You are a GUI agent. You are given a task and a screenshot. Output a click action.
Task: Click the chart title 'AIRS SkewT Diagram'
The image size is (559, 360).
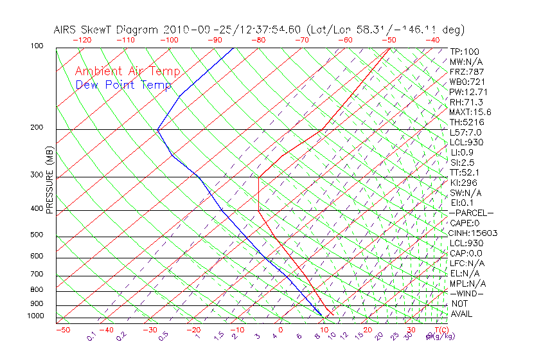(x=107, y=30)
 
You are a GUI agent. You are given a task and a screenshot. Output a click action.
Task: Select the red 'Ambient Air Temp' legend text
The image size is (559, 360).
(x=128, y=72)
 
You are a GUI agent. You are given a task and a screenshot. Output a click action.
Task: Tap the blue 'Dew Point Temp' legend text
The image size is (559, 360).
(x=123, y=85)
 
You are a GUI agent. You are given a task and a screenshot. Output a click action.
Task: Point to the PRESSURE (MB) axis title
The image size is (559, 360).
(x=49, y=181)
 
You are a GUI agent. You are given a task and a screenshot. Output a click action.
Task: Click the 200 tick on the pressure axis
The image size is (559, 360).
(x=36, y=127)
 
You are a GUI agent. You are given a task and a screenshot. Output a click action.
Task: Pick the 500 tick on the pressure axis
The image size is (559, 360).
(x=36, y=235)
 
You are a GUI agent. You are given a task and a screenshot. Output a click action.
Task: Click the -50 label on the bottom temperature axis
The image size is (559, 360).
(x=62, y=330)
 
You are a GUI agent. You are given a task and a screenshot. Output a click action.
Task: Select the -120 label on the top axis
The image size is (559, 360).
(x=82, y=40)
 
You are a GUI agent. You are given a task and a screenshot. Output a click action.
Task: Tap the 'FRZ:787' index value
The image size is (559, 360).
(x=467, y=71)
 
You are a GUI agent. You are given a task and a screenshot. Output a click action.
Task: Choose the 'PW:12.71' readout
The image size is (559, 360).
(x=469, y=92)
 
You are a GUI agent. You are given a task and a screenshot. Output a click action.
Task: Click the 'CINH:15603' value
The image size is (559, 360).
(x=474, y=233)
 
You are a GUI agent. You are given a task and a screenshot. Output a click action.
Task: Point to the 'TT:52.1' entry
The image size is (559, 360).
(x=466, y=172)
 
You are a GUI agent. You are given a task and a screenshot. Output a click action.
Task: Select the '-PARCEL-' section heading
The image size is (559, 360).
(x=471, y=213)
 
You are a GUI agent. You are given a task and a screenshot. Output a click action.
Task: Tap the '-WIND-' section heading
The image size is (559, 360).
(x=467, y=293)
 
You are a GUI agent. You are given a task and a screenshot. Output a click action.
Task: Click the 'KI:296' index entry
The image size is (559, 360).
(x=464, y=183)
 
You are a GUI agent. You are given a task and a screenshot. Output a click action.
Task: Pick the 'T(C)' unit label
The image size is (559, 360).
(x=440, y=330)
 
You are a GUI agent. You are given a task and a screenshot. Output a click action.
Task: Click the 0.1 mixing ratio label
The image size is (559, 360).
(x=91, y=336)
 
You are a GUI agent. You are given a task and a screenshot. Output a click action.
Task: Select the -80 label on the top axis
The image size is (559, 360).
(x=259, y=40)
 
